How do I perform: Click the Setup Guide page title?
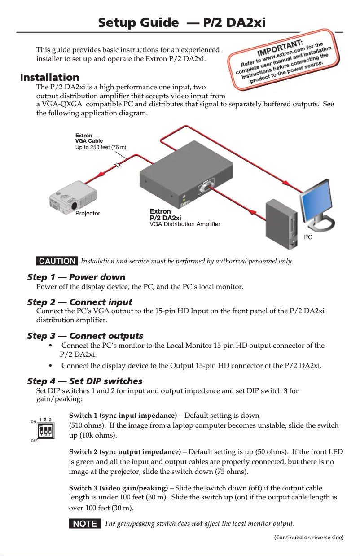point(182,22)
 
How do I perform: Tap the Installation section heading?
point(49,77)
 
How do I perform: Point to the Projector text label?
point(88,213)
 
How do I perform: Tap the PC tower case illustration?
point(281,224)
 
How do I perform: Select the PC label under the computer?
point(308,236)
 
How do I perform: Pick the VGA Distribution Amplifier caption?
point(184,224)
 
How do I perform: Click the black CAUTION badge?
point(57,261)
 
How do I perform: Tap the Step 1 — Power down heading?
point(76,277)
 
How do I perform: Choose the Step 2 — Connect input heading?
point(79,302)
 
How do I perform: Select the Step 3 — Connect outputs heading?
point(85,336)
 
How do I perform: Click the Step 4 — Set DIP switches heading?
point(85,381)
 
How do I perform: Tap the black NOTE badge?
point(85,524)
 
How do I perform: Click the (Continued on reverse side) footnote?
point(309,537)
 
